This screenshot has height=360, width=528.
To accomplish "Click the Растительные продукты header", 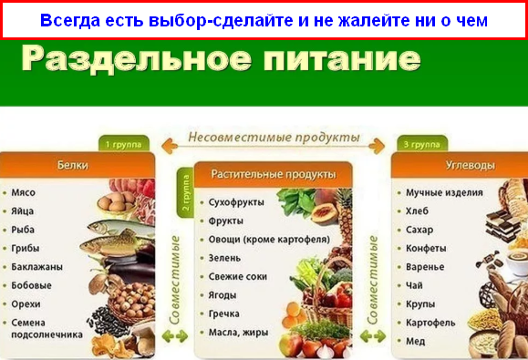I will (274, 173).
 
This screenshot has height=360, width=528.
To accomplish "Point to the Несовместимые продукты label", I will (274, 139).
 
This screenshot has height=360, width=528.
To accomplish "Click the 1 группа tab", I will (123, 144).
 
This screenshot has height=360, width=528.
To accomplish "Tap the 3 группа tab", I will (422, 144).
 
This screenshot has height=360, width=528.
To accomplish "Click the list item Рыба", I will (24, 230).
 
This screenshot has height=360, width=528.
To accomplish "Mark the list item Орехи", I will (26, 303).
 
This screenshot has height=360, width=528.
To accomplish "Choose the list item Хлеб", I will (419, 211).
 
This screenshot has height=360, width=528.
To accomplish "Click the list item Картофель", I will (431, 323).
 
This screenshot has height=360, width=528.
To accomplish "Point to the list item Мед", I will (416, 341).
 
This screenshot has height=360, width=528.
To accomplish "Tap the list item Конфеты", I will (427, 248).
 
